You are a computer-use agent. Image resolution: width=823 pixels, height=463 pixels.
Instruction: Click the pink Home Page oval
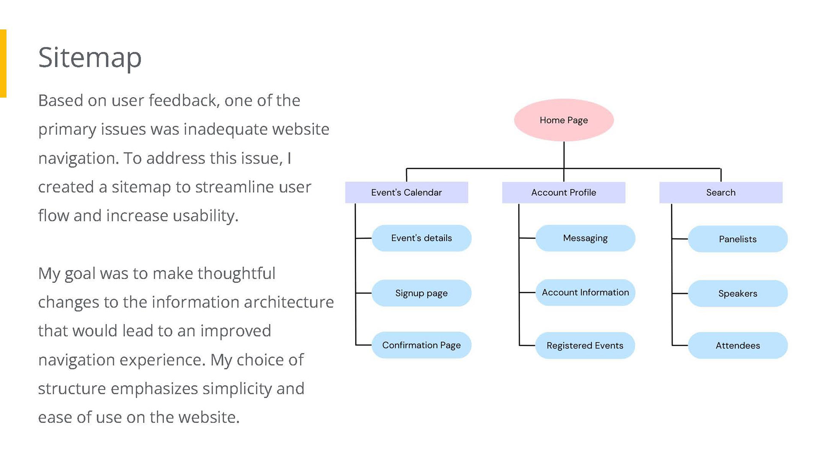564,120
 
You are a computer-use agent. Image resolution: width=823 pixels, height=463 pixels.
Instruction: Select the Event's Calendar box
406,192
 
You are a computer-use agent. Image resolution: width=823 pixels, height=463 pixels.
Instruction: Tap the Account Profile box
564,192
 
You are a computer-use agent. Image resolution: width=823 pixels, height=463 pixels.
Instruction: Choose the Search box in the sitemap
721,192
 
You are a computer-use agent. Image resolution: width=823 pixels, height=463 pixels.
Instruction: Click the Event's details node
421,238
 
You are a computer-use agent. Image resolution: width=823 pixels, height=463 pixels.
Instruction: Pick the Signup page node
421,293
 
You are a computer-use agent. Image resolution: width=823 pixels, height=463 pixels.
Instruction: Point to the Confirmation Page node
421,345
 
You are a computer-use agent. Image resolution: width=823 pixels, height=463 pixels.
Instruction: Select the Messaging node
585,238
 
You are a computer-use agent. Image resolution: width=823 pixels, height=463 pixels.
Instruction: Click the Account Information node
585,293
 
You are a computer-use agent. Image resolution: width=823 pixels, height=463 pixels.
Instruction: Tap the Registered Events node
585,345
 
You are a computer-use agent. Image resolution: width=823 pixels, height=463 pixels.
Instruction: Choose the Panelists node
738,239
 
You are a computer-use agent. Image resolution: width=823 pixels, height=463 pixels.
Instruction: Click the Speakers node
738,293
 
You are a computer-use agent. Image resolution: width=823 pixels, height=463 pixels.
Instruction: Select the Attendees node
738,345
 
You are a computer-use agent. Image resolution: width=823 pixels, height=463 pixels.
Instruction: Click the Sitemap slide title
90,58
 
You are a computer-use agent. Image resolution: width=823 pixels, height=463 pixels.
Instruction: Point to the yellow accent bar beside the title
3,63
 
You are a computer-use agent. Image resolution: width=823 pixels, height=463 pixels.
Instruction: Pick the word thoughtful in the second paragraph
236,274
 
